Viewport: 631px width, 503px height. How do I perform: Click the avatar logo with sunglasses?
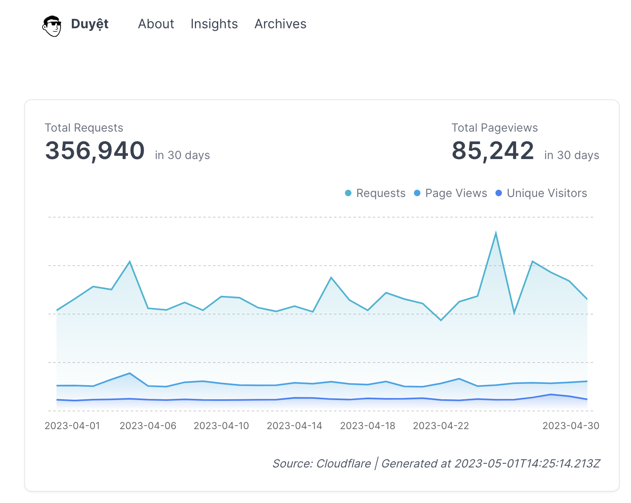(52, 26)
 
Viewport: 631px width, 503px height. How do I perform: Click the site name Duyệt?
(90, 24)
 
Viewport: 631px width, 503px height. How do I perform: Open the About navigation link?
(156, 24)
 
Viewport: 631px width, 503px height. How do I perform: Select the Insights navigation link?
(214, 24)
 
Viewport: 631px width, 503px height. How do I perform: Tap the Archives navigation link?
(280, 24)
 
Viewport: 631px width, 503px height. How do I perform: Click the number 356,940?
(95, 151)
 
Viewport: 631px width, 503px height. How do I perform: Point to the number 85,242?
(493, 151)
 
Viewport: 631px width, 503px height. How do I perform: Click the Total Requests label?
(84, 128)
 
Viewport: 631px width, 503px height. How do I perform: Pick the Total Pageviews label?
(495, 128)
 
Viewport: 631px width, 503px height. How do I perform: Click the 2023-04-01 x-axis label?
(72, 426)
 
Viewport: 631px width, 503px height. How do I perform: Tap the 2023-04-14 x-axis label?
(295, 426)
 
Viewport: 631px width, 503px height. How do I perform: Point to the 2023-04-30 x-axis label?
(570, 426)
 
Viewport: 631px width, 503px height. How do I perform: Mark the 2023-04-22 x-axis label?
(441, 426)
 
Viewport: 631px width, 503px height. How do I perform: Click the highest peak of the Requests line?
(496, 233)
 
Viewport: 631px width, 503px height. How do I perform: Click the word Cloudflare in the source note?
(343, 463)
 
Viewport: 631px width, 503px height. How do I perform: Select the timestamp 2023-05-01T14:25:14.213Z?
(527, 463)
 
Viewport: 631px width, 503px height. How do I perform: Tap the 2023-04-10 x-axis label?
(221, 426)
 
